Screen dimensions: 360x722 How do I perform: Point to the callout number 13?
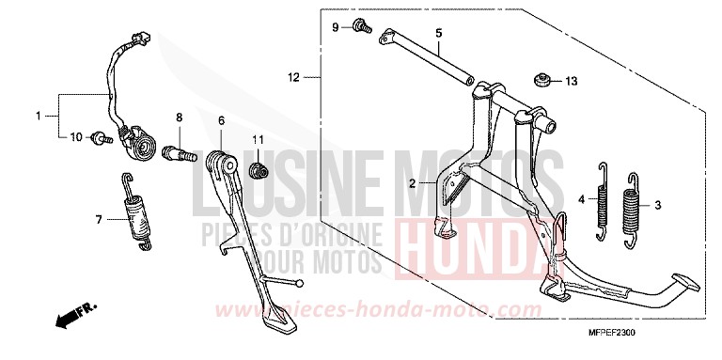[570, 82]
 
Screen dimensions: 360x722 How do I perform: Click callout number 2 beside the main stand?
[411, 185]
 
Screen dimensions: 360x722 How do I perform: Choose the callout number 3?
[657, 204]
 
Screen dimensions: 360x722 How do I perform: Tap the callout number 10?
[76, 138]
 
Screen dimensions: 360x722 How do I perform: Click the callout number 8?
[178, 117]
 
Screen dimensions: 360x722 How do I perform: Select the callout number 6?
[222, 120]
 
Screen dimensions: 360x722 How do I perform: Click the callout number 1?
[39, 117]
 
